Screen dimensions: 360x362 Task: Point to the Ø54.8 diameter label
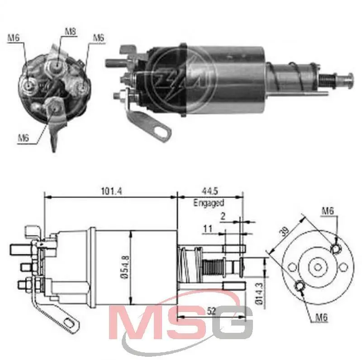pyautogui.click(x=124, y=267)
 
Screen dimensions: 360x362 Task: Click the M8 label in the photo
pyautogui.click(x=70, y=32)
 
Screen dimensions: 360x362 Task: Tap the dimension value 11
pyautogui.click(x=208, y=229)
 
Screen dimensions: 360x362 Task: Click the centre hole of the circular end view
pyautogui.click(x=317, y=267)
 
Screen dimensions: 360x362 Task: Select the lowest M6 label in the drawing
pyautogui.click(x=322, y=317)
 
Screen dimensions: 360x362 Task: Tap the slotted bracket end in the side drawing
pyautogui.click(x=70, y=323)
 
